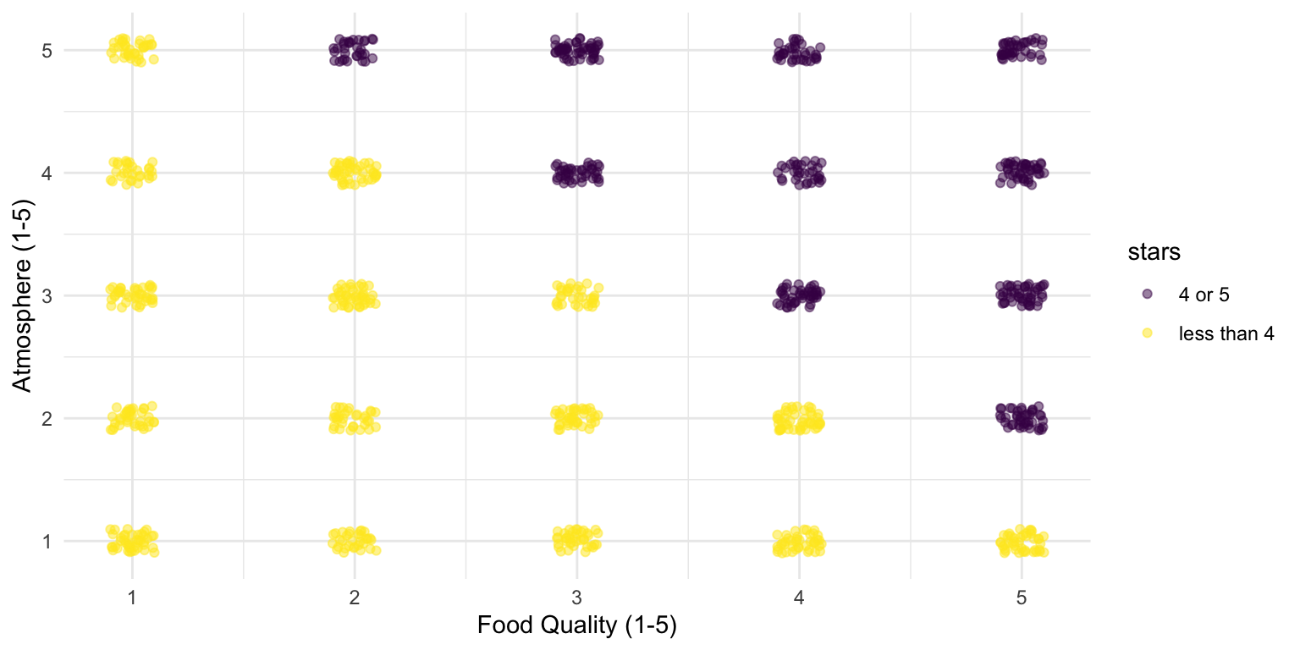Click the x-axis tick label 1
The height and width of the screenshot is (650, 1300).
coord(132,598)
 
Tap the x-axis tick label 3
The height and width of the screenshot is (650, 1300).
coord(576,598)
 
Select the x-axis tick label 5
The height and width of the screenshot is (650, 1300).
coord(1022,598)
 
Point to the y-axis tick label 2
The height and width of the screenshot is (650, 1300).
coord(47,418)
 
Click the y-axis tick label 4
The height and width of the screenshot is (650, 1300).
coord(47,173)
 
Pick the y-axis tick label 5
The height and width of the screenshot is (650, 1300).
coord(47,51)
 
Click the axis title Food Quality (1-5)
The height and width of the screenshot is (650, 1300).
coord(576,626)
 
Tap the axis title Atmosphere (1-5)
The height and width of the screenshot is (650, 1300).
coord(23,295)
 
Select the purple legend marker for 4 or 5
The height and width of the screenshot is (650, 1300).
coord(1148,293)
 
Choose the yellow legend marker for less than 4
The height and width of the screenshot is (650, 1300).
coord(1148,333)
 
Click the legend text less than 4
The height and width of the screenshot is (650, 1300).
coord(1226,333)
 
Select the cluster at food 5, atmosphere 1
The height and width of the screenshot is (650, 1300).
coord(1022,540)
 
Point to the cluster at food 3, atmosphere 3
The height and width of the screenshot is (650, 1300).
coord(576,295)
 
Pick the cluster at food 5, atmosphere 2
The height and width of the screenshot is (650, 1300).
coord(1022,418)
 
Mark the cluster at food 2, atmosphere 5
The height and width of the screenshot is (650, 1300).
coord(354,51)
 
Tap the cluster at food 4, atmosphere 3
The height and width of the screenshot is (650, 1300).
coord(799,295)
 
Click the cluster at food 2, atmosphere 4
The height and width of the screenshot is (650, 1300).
coord(354,173)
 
